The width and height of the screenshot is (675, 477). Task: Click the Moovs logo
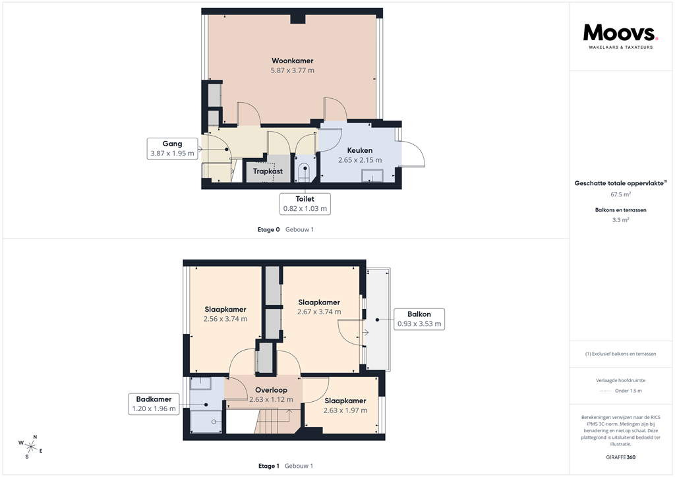click(x=620, y=35)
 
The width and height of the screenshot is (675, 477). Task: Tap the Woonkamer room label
click(x=292, y=61)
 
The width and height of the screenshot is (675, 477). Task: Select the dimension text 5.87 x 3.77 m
click(x=292, y=70)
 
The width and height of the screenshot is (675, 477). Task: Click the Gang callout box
click(x=172, y=148)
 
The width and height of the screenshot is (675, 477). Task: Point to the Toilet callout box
click(x=305, y=203)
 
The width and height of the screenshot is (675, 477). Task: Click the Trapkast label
click(x=268, y=171)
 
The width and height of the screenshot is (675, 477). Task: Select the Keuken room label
click(x=359, y=150)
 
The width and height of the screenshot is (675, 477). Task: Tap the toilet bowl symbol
click(x=304, y=173)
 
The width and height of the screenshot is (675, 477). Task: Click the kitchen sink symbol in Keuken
click(x=372, y=175)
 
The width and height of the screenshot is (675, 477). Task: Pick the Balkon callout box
click(x=419, y=319)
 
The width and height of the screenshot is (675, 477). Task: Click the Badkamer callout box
click(x=154, y=404)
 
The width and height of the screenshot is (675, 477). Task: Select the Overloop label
click(x=272, y=389)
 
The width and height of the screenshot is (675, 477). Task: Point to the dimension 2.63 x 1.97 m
click(x=345, y=410)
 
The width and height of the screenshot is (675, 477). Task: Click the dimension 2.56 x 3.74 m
click(x=225, y=319)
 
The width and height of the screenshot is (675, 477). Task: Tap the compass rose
click(x=30, y=446)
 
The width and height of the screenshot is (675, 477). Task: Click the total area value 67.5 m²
click(x=620, y=195)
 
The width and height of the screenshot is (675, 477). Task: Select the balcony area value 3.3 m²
click(x=620, y=220)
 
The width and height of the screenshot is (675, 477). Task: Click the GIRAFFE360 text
click(x=620, y=457)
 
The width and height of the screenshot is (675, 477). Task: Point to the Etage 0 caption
click(x=268, y=230)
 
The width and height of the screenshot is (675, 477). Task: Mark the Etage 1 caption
click(x=268, y=466)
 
